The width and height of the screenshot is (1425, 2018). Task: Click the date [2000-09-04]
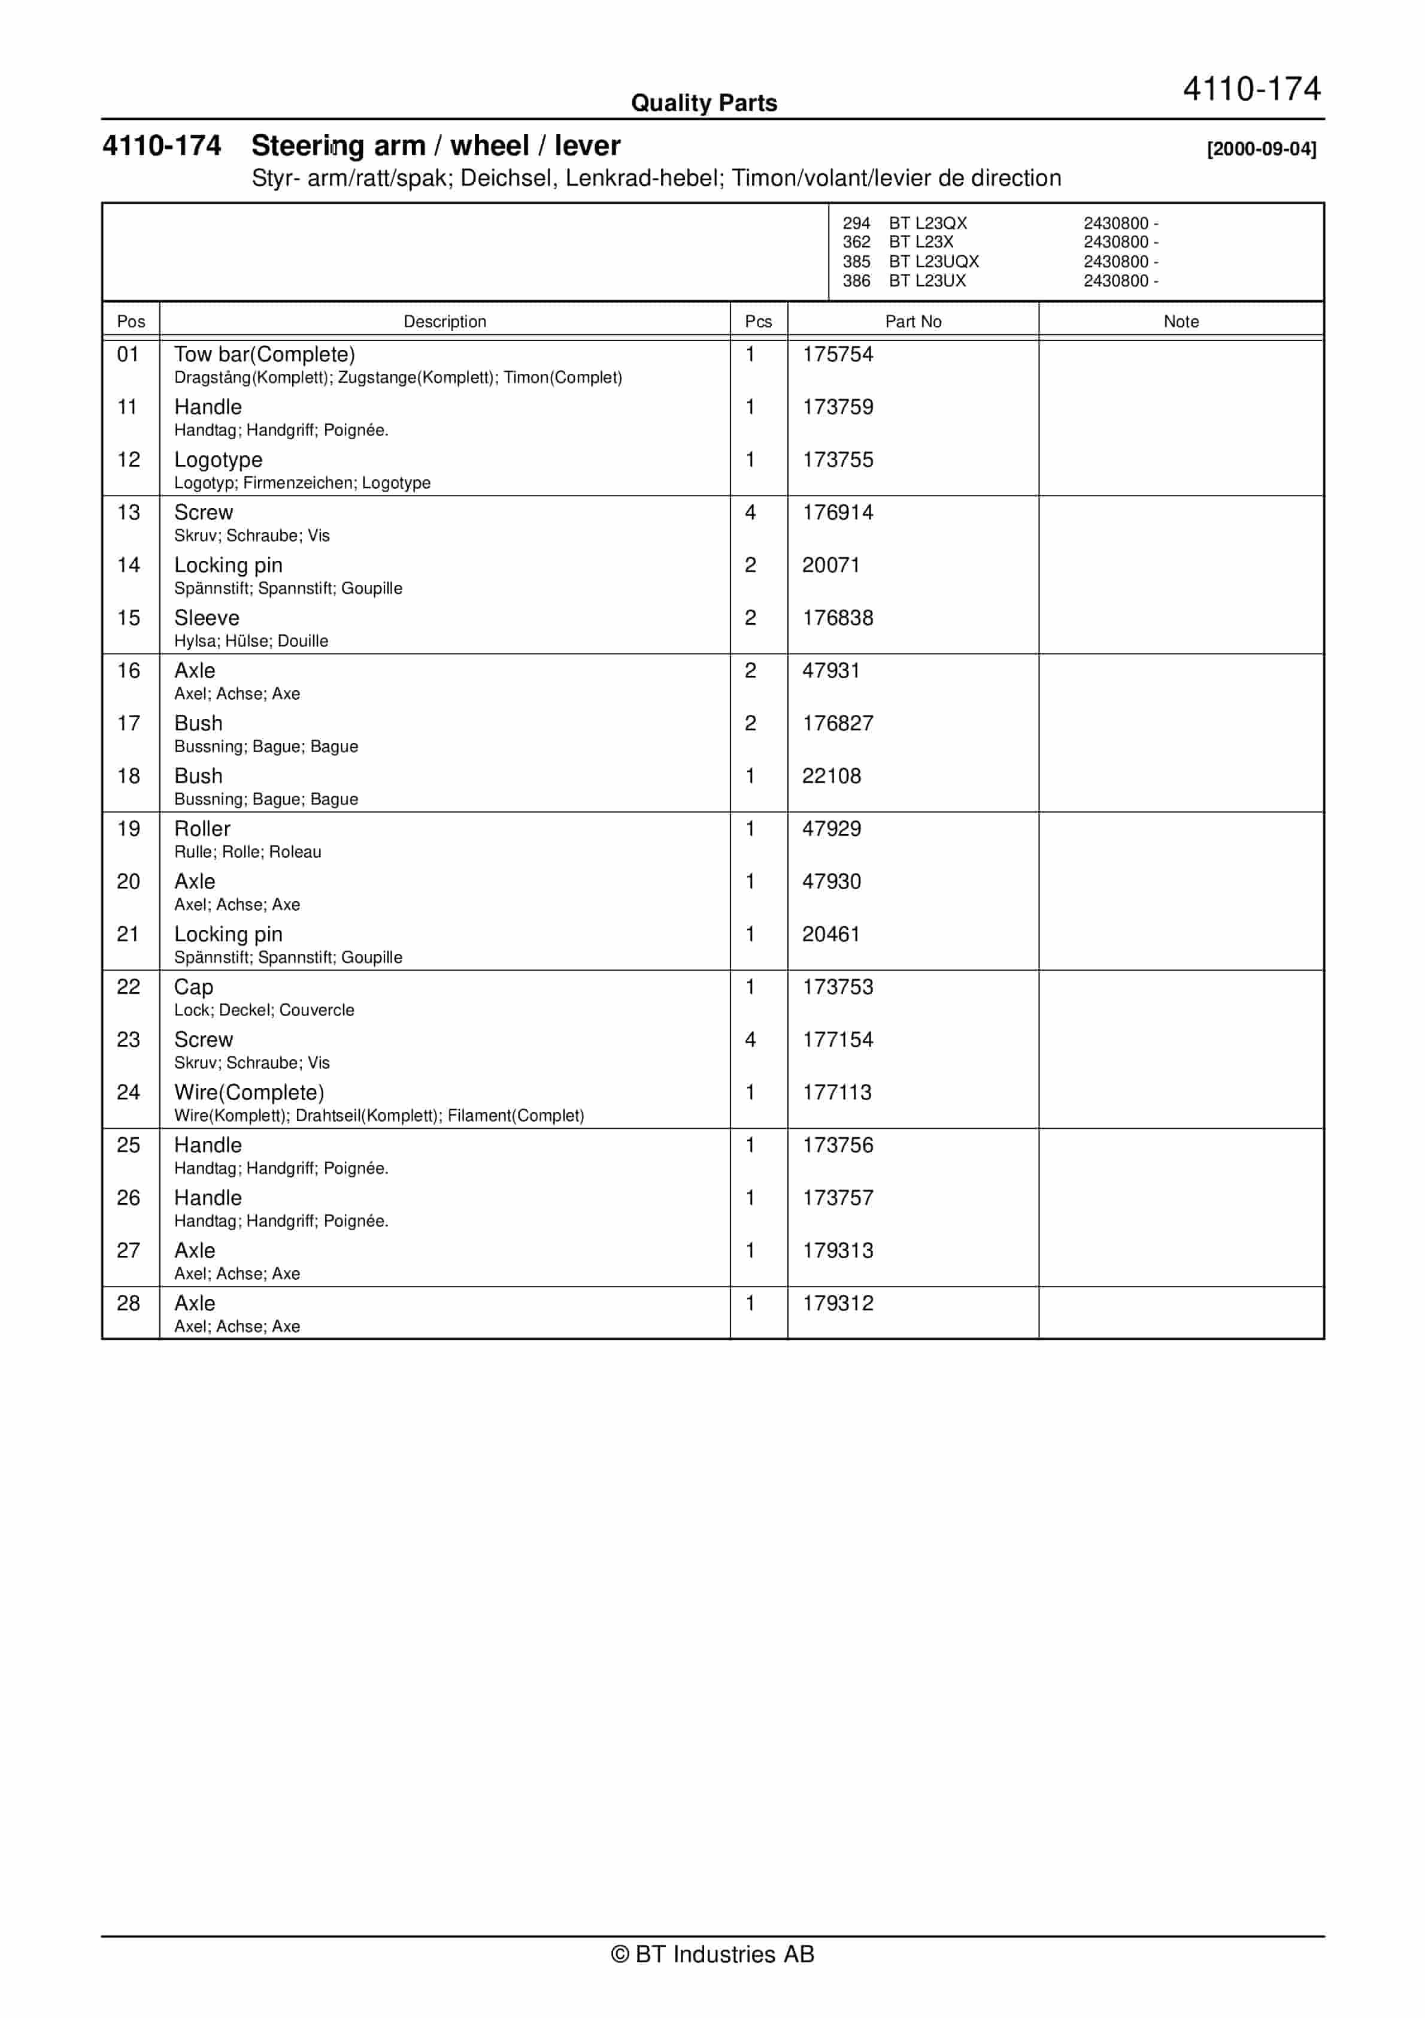click(x=1262, y=149)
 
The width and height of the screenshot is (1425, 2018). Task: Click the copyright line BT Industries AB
click(x=712, y=1954)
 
